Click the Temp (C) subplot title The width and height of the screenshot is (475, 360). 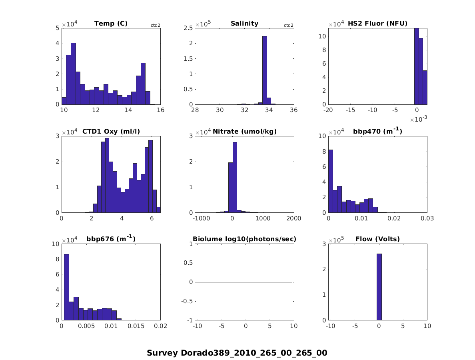(x=111, y=24)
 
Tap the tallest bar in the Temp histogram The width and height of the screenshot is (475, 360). (x=73, y=74)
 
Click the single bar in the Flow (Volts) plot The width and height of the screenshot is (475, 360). (x=379, y=287)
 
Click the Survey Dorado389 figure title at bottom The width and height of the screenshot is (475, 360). (x=237, y=353)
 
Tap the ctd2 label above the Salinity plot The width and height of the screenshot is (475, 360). (x=289, y=25)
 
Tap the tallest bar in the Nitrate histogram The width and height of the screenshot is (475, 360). (x=235, y=177)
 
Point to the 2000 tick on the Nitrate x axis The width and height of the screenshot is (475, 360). (x=293, y=218)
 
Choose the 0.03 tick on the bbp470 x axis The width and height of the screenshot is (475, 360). (x=427, y=218)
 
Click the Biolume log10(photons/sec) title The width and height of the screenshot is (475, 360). (x=244, y=239)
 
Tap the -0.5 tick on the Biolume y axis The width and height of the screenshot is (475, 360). (x=188, y=301)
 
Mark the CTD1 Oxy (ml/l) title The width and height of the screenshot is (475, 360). (x=111, y=131)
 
